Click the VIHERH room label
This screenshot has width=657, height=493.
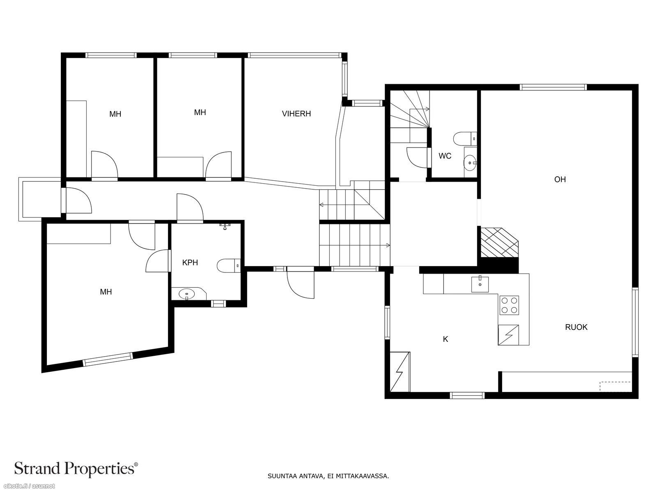(x=296, y=114)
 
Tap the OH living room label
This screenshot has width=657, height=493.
(x=560, y=179)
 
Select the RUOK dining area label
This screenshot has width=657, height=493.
(x=576, y=327)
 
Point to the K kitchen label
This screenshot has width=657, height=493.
(x=446, y=339)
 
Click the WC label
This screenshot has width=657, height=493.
(x=445, y=156)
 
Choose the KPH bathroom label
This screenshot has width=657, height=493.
(x=190, y=263)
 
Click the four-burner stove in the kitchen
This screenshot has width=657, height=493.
(x=509, y=305)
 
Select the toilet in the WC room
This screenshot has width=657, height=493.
(x=465, y=139)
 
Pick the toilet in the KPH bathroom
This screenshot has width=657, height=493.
(x=229, y=265)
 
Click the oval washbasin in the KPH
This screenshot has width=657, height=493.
(x=186, y=294)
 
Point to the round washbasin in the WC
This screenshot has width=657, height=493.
(x=470, y=163)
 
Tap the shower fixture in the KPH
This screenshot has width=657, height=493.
(x=225, y=226)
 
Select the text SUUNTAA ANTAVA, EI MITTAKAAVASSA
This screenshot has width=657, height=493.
(x=328, y=476)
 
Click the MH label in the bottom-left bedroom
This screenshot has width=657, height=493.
(x=106, y=292)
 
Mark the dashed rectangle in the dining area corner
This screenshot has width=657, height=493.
(x=615, y=386)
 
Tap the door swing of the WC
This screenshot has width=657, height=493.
(x=417, y=157)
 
